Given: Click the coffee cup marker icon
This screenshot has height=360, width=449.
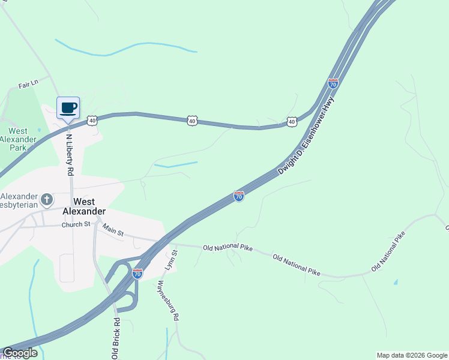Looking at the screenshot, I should coord(68,108).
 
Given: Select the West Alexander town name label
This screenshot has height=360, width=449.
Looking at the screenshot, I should coord(84,206).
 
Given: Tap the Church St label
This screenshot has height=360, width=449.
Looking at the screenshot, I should coord(76,225).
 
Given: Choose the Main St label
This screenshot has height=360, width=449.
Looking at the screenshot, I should coord(112,230).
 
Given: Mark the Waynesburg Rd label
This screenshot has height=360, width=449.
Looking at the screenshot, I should coord(168,300).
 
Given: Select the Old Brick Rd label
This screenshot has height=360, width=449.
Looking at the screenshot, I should coord(116,338).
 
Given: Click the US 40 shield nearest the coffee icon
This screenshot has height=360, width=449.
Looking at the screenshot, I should coord(92,121).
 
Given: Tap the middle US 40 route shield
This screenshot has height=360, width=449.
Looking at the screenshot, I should coord(191,121).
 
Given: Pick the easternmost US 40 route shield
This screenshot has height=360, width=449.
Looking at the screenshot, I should coord(291,121).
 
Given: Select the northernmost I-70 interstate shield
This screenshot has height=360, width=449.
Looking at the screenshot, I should coord(333,83).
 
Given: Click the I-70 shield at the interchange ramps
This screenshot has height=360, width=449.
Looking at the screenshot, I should coord(137,274).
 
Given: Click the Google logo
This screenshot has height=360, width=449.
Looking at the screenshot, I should coord(19,353).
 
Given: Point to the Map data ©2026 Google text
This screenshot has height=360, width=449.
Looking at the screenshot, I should coord(412,355).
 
